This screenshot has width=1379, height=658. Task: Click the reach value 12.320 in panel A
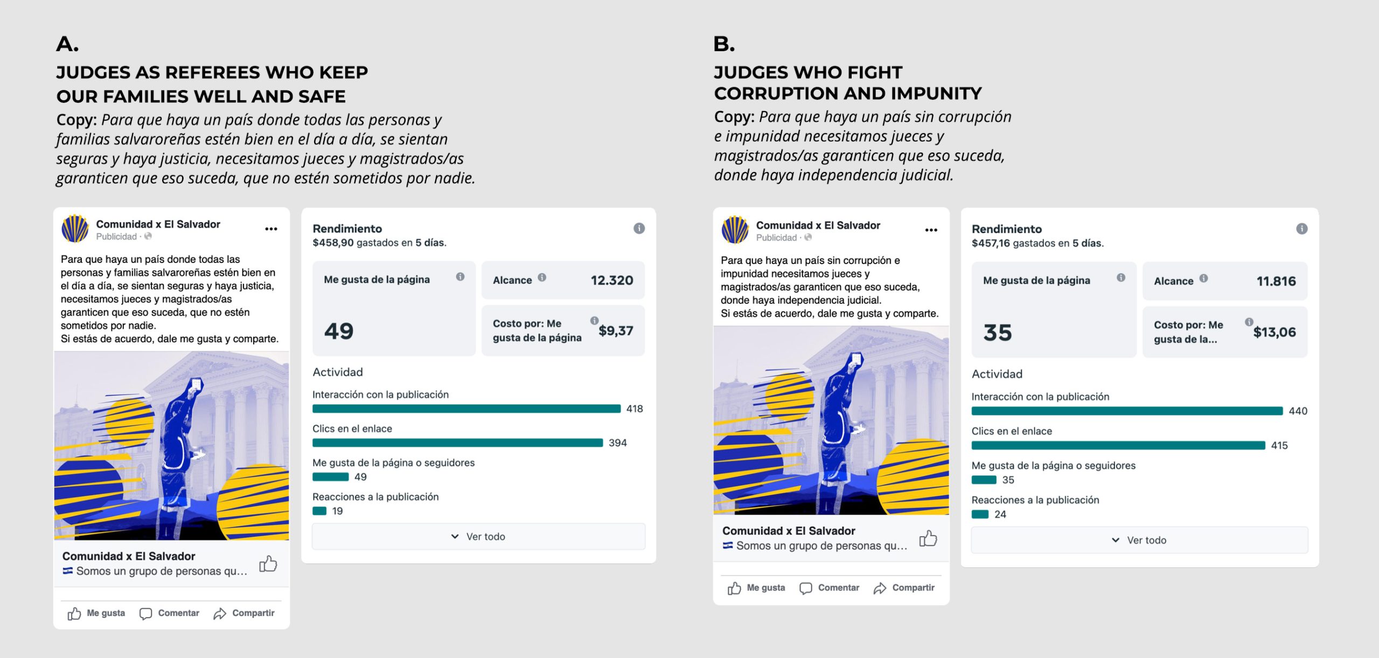tap(611, 280)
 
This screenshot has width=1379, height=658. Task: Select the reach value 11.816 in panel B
tap(1276, 281)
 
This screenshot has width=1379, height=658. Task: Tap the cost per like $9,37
tap(616, 330)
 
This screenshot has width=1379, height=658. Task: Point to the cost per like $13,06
tap(1274, 332)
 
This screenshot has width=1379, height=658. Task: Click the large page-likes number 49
tap(339, 331)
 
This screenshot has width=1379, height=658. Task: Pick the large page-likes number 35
tap(998, 333)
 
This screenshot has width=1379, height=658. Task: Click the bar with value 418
tap(466, 408)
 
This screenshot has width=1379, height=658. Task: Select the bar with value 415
tap(1118, 445)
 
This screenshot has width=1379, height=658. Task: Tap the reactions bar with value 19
tap(319, 511)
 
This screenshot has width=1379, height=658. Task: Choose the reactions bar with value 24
tap(980, 514)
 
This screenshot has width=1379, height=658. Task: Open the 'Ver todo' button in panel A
tap(478, 537)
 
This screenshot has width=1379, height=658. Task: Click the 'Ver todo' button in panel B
tap(1139, 540)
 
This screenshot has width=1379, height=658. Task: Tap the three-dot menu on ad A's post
tap(271, 229)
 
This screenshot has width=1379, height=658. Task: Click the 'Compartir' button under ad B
tap(904, 588)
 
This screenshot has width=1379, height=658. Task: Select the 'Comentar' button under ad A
tap(170, 613)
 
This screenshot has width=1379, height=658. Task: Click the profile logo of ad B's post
tap(735, 230)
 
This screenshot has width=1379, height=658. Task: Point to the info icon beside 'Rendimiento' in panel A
tap(639, 228)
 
